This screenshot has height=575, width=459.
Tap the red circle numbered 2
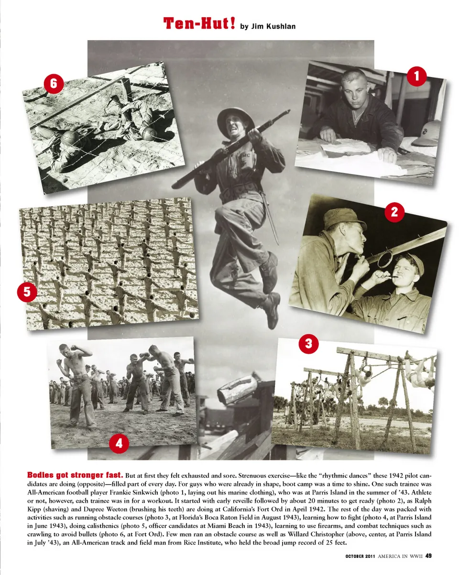click(394, 212)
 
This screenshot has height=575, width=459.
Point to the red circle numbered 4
click(119, 444)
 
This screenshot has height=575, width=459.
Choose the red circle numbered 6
click(54, 84)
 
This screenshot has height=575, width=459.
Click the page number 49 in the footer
click(428, 555)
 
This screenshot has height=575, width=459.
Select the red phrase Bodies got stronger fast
click(75, 475)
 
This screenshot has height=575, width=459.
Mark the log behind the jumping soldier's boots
click(238, 388)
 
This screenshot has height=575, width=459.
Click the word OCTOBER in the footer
click(357, 555)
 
